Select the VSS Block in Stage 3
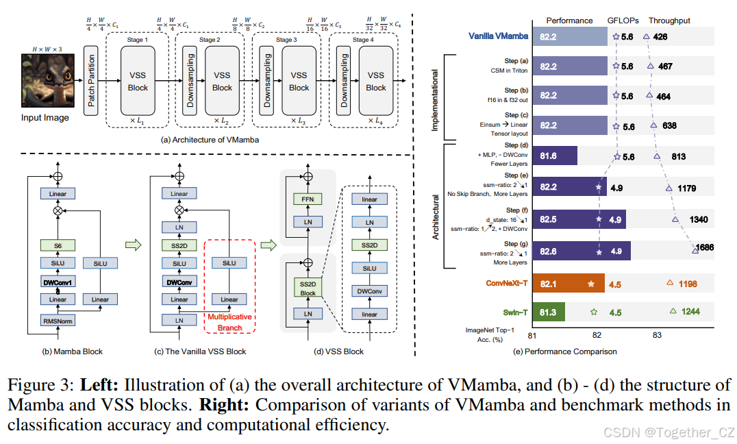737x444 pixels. (299, 81)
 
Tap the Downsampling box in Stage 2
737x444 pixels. (190, 81)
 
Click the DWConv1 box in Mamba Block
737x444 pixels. (58, 282)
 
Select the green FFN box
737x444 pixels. (308, 200)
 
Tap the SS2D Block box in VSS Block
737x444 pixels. (308, 288)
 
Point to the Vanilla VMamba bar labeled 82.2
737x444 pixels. (569, 36)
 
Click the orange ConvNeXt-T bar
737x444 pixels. (567, 282)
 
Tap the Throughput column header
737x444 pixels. (669, 21)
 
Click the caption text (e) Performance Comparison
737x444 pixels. (565, 351)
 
